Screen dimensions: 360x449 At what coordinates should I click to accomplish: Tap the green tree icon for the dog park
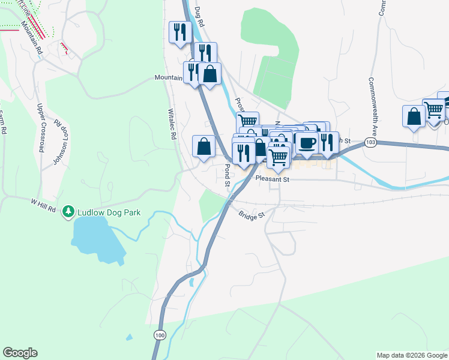pyautogui.click(x=70, y=212)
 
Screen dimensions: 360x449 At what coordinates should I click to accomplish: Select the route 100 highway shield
pyautogui.click(x=159, y=334)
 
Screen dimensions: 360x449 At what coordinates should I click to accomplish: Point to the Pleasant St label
pyautogui.click(x=272, y=179)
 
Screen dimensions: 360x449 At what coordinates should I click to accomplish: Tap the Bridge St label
pyautogui.click(x=251, y=215)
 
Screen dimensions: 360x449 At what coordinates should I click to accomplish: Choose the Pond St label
pyautogui.click(x=228, y=176)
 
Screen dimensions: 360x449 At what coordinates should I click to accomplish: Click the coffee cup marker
pyautogui.click(x=307, y=143)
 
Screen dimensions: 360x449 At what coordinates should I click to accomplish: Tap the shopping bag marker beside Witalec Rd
pyautogui.click(x=204, y=146)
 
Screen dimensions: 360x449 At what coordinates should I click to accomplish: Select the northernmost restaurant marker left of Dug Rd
pyautogui.click(x=180, y=31)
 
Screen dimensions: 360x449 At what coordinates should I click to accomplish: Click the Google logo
pyautogui.click(x=20, y=353)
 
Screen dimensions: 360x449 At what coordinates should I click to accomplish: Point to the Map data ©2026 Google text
pyautogui.click(x=411, y=355)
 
